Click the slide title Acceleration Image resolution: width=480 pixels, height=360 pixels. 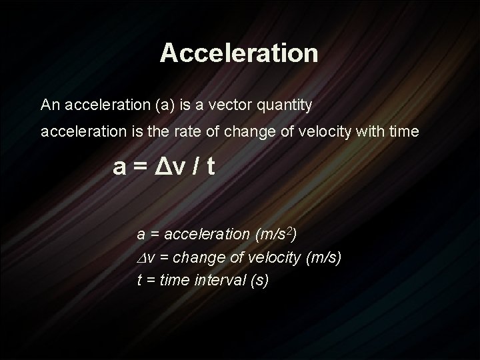coord(239,53)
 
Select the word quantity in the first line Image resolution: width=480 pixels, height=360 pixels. coord(290,105)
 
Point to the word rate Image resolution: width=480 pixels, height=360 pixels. coord(192,133)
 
